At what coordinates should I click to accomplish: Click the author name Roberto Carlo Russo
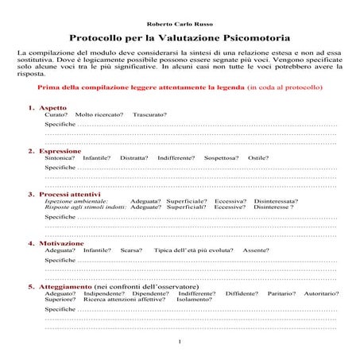179,24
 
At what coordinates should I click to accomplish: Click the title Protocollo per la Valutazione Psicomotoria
179,37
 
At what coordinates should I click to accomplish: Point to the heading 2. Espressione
54,150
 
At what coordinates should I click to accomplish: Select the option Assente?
256,250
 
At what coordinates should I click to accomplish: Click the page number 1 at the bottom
180,342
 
